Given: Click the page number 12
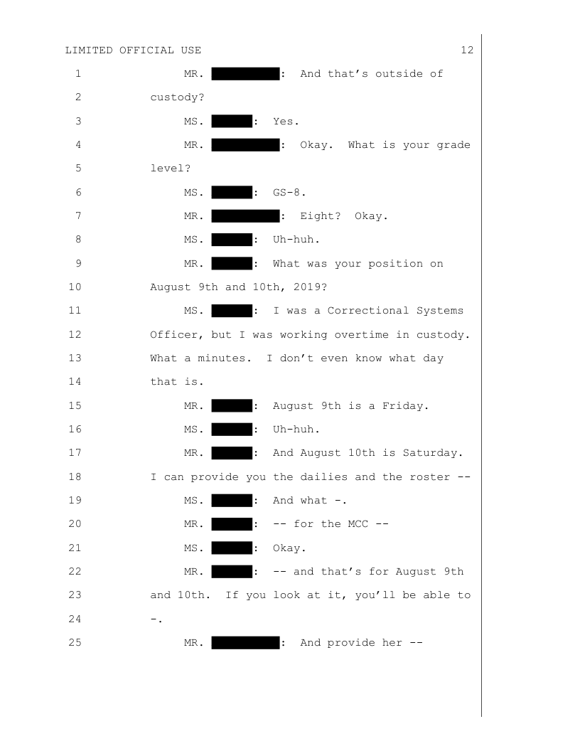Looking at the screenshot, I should click(x=467, y=50).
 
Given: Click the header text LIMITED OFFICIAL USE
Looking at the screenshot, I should click(x=133, y=50).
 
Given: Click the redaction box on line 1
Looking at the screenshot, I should click(x=245, y=73).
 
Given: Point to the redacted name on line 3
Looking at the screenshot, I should click(x=232, y=121).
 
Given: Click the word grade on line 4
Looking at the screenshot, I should click(x=453, y=145).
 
